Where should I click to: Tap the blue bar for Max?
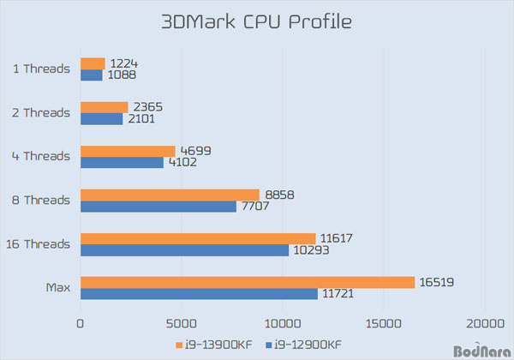click(199, 294)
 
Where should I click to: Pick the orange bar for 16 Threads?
click(198, 238)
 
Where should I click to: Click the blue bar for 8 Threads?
click(158, 206)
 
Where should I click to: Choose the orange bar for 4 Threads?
click(128, 151)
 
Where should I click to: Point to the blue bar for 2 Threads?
click(101, 118)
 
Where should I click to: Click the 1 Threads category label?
click(41, 69)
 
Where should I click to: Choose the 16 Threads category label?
click(38, 244)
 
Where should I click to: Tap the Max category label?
click(57, 288)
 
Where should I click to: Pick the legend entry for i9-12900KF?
click(303, 345)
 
